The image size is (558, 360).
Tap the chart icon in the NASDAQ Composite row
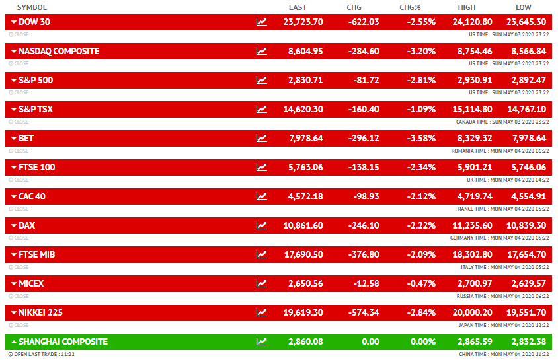pyautogui.click(x=262, y=51)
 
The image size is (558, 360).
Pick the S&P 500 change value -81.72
pyautogui.click(x=364, y=80)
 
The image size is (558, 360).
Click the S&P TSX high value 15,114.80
pyautogui.click(x=474, y=109)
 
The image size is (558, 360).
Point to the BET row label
pyautogui.click(x=26, y=138)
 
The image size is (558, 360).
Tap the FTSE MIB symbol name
pyautogui.click(x=36, y=254)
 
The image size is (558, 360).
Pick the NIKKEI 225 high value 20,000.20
pyautogui.click(x=474, y=312)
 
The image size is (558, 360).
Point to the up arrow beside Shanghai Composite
pyautogui.click(x=14, y=342)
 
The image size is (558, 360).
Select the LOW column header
pyautogui.click(x=523, y=7)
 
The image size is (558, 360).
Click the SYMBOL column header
pyautogui.click(x=32, y=7)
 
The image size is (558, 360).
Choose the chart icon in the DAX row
pyautogui.click(x=262, y=225)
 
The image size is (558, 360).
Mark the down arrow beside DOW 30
pyautogui.click(x=14, y=22)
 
